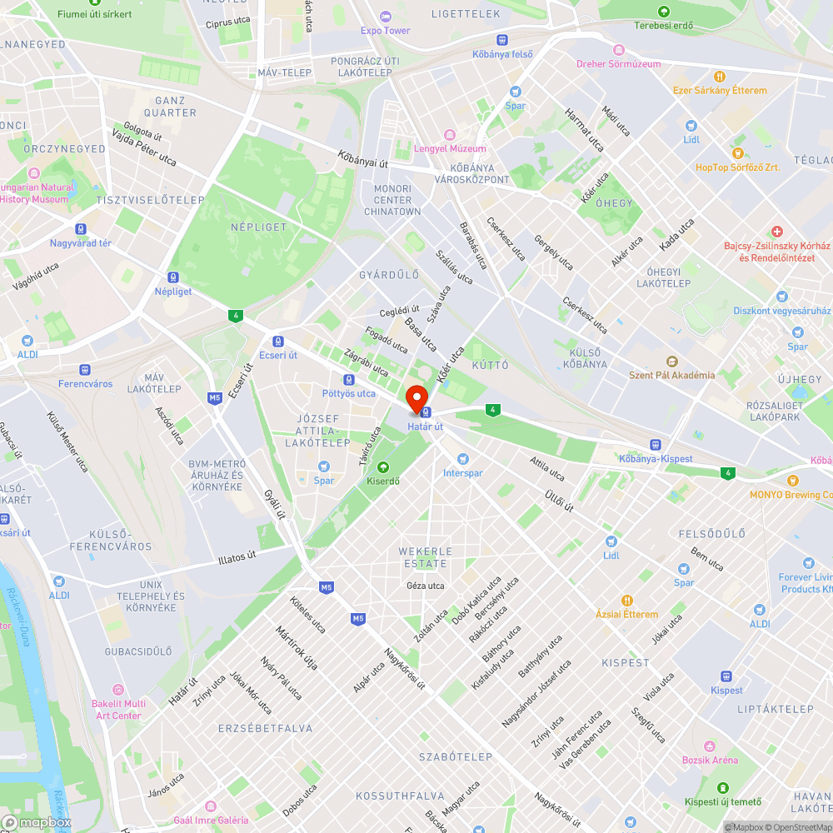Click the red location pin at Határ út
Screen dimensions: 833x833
tap(416, 397)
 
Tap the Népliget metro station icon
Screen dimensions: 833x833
tap(173, 277)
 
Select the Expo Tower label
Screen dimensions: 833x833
tap(385, 31)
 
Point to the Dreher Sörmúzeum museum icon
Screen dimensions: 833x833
tap(618, 50)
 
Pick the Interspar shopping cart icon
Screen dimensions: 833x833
tap(463, 459)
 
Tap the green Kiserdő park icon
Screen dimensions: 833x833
tap(383, 467)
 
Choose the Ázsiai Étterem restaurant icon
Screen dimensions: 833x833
tap(626, 600)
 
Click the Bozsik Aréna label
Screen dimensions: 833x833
tap(710, 760)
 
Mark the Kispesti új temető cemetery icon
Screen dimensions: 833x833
tap(722, 787)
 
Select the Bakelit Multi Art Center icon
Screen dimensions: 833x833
tap(117, 690)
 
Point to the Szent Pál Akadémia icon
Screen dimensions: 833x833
tap(671, 361)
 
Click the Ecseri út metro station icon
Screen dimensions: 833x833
tap(277, 341)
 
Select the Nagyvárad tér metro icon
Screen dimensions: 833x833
tap(81, 229)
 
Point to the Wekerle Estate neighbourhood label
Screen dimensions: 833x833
tap(425, 557)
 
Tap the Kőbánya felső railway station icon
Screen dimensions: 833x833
tap(502, 40)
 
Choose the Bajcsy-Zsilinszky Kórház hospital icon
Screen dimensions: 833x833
tap(776, 231)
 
